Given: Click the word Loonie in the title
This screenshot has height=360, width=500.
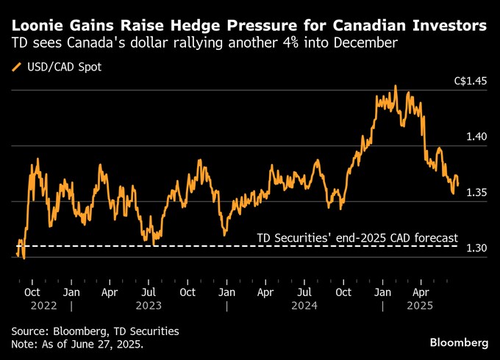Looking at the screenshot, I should click(x=36, y=26).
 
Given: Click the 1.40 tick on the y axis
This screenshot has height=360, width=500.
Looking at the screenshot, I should click(x=476, y=137).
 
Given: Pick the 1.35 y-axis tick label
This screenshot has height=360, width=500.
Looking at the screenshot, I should click(x=476, y=192).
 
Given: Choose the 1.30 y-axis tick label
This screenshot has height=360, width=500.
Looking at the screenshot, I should click(x=476, y=248).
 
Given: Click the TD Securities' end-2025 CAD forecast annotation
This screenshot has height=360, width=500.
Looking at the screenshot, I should click(x=357, y=238).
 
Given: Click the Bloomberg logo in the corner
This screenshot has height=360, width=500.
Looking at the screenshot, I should click(x=459, y=342).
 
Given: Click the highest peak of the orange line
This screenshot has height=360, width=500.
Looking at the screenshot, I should click(x=396, y=86).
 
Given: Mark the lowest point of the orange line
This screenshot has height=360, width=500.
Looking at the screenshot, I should click(x=24, y=259).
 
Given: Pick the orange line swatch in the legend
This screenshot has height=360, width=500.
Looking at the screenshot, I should click(x=16, y=68).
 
